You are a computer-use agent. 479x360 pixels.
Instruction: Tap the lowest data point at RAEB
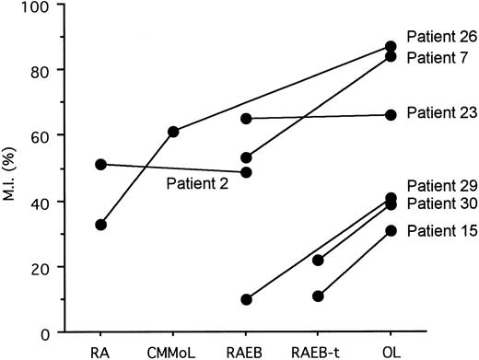[246, 299]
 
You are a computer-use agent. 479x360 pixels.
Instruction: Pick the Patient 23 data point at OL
[391, 114]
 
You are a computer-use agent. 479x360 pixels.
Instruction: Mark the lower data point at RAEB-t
[318, 296]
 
